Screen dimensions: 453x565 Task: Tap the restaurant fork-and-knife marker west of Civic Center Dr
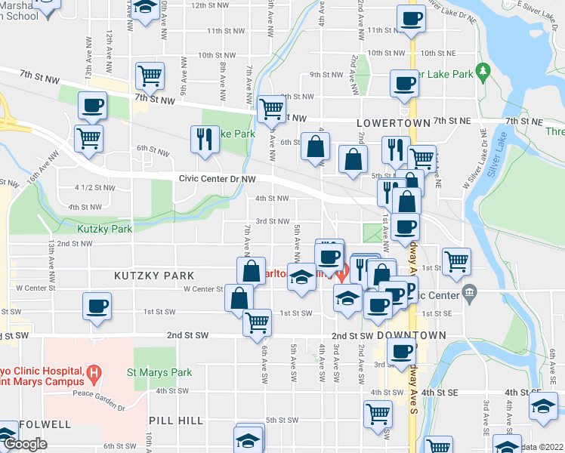coord(205,138)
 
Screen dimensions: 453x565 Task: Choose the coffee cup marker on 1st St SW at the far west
coord(97,307)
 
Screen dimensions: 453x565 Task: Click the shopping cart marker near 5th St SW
coord(377,412)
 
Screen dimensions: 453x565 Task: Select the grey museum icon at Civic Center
coord(469,291)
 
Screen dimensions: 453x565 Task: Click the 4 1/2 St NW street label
coord(95,188)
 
